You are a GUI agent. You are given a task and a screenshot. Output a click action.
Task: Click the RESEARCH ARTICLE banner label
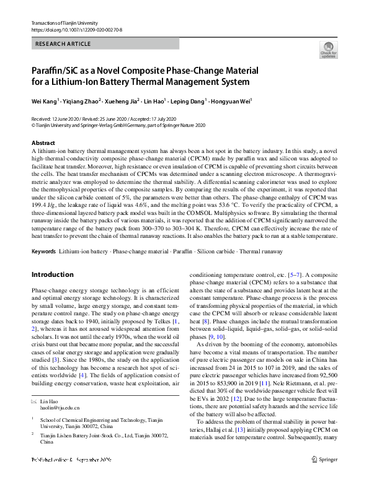click(63, 44)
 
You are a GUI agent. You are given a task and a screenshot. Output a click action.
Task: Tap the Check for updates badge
click(328, 50)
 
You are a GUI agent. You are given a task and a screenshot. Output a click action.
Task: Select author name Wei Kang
click(44, 101)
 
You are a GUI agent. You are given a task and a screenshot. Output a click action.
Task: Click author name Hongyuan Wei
click(233, 101)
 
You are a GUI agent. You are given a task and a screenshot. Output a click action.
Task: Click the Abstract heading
click(43, 142)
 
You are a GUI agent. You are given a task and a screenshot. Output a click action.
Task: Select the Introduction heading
click(53, 292)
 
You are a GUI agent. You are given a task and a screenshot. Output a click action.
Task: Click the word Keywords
click(43, 269)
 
